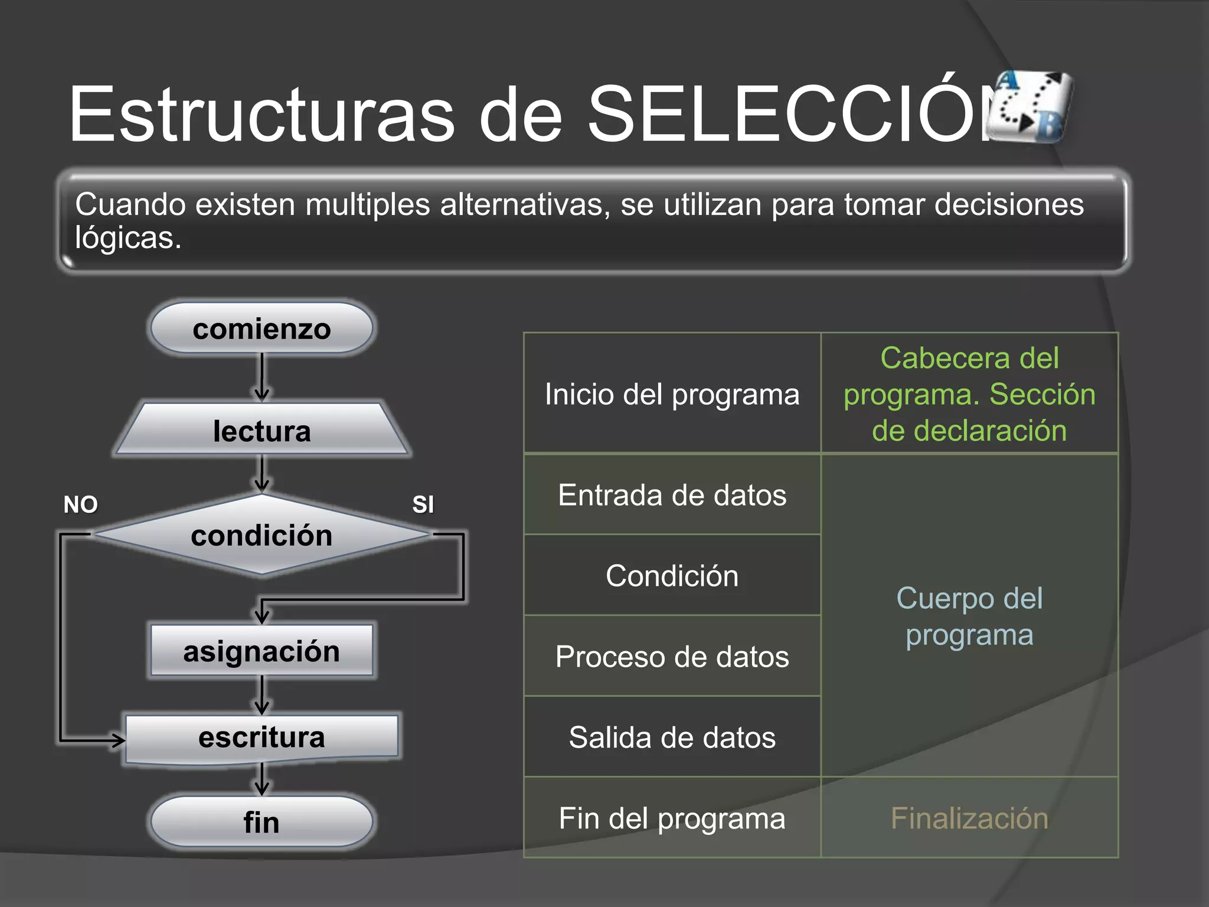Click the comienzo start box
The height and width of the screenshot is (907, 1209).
262,329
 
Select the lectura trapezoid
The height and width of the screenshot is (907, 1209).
262,430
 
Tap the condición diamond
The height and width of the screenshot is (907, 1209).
262,535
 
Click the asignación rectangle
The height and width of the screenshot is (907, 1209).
262,651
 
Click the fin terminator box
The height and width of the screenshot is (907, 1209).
262,821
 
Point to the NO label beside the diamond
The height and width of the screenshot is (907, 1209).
81,505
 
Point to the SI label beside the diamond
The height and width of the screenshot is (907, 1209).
423,505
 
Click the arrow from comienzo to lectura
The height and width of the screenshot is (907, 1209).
262,378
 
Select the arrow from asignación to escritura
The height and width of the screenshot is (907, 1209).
262,695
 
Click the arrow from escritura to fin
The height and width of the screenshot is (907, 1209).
262,779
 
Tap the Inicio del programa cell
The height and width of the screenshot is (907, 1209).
672,394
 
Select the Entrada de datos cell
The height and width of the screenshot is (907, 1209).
672,495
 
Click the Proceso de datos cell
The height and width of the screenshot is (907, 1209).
672,657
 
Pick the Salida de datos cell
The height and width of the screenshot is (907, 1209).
672,737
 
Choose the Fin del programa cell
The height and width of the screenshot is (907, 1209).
672,818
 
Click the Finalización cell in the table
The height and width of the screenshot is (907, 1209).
969,818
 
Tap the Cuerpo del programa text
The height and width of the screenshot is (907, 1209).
969,616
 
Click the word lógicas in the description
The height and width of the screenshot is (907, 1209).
128,238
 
